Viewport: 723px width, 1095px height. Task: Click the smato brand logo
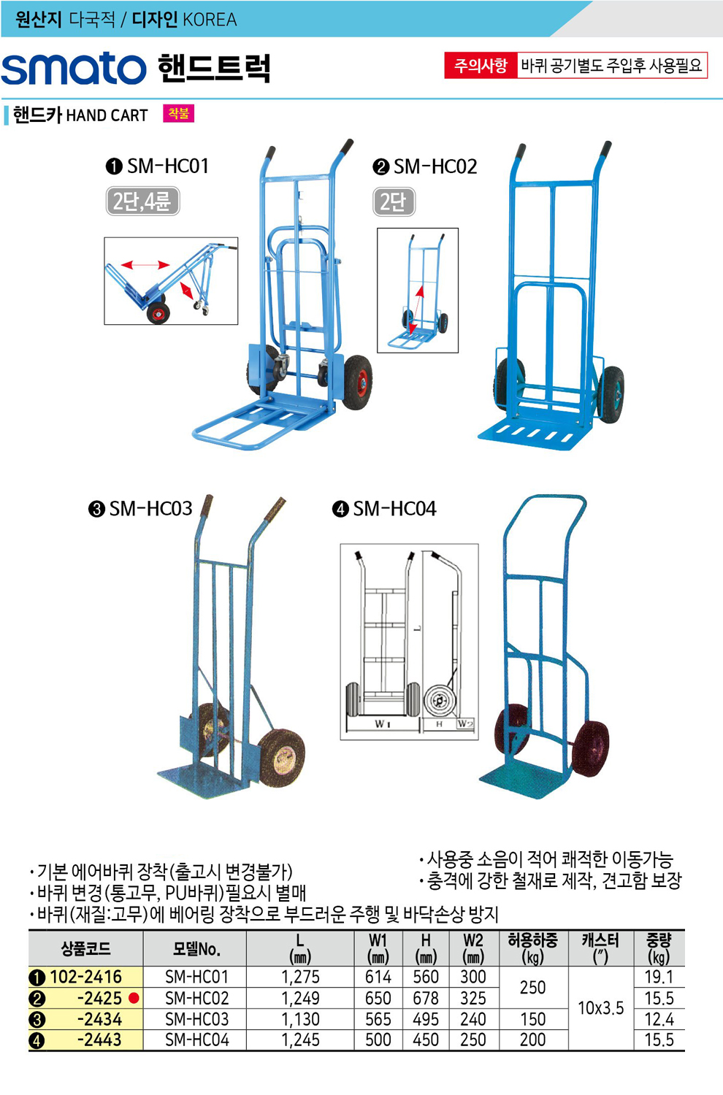74,69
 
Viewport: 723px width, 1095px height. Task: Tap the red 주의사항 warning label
481,66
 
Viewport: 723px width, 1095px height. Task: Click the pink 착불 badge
178,113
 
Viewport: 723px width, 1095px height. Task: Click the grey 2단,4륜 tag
143,201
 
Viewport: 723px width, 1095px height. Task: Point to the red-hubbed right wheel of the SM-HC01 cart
358,382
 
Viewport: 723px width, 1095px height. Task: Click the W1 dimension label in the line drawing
382,723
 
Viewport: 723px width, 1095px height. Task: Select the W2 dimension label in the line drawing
465,723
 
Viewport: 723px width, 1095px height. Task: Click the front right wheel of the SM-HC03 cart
281,758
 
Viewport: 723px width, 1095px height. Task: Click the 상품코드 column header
85,949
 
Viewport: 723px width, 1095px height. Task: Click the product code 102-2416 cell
85,977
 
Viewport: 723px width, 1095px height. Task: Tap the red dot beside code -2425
134,998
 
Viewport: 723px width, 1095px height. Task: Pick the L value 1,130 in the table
300,1019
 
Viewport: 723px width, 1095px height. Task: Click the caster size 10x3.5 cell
601,1008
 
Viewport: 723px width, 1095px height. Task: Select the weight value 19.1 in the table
659,977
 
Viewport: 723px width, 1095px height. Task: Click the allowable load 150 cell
532,1019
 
